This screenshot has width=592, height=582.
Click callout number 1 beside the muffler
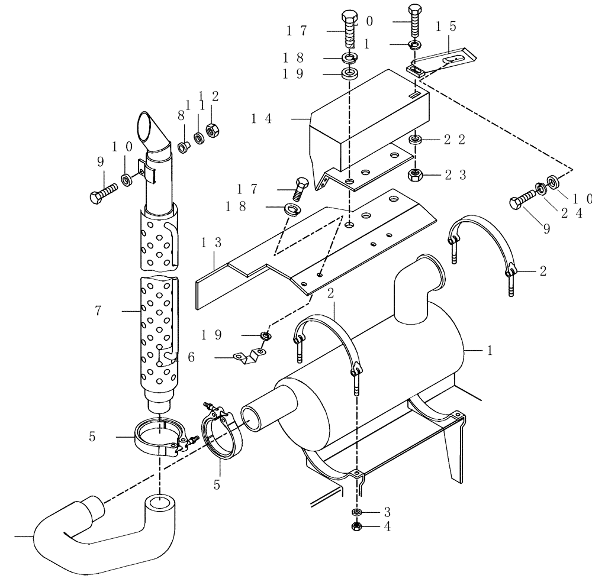click(x=489, y=351)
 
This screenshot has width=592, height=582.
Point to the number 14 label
click(x=260, y=119)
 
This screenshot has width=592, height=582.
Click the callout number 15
click(x=445, y=27)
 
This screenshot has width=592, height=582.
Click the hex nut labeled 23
click(x=416, y=174)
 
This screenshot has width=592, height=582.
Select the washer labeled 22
click(x=416, y=140)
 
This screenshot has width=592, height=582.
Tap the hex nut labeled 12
click(x=212, y=128)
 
